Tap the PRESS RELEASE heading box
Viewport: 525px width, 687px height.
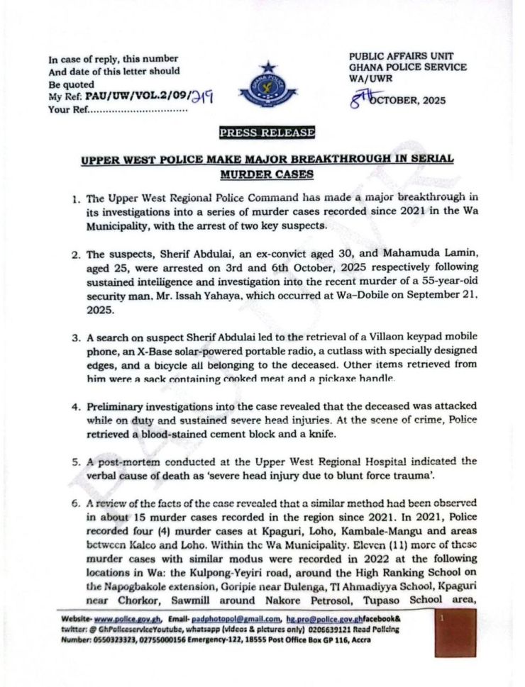pyautogui.click(x=267, y=132)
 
